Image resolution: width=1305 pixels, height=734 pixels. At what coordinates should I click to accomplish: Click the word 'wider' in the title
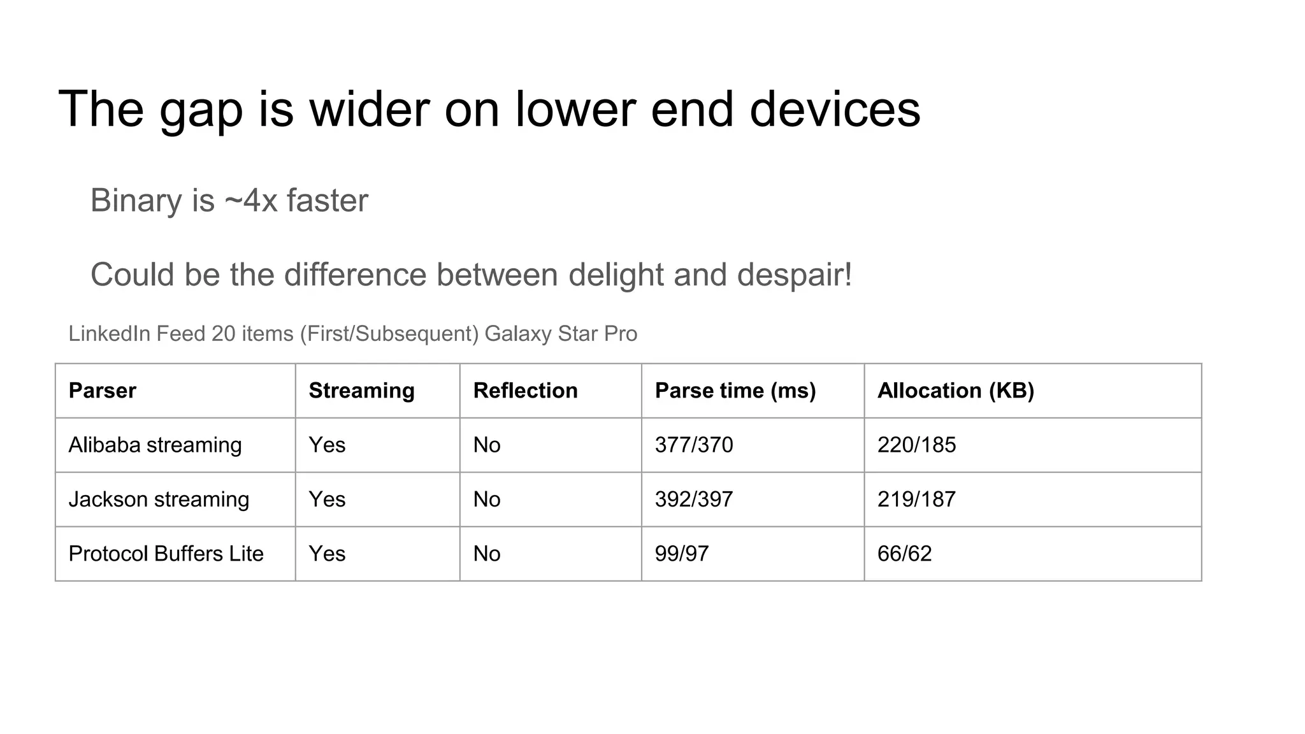370,109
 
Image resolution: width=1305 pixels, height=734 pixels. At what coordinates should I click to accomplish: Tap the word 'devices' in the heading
835,109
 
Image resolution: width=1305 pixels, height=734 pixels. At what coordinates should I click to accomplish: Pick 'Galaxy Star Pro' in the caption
561,334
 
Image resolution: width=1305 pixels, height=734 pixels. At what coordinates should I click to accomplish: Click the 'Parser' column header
102,391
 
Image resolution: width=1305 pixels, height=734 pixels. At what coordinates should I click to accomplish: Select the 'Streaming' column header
361,391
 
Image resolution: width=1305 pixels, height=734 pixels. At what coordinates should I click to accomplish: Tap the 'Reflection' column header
525,391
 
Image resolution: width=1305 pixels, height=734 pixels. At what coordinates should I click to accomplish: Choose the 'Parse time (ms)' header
735,391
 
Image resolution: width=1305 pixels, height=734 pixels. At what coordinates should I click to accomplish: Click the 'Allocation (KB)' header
955,391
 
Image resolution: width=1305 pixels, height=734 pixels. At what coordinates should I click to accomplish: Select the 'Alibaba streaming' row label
155,445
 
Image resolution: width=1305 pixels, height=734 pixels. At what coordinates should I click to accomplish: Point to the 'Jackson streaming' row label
159,500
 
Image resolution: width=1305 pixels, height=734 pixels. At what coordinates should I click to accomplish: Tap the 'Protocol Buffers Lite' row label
166,554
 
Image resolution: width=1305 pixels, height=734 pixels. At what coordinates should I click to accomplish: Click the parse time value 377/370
694,445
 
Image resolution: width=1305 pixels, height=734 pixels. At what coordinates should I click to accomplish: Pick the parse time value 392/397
694,500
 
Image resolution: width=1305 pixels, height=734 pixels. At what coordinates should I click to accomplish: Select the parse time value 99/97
681,554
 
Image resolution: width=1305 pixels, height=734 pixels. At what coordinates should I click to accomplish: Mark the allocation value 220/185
916,445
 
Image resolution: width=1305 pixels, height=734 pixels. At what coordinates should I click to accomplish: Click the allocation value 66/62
904,554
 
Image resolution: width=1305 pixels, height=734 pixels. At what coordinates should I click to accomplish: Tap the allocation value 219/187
916,500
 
